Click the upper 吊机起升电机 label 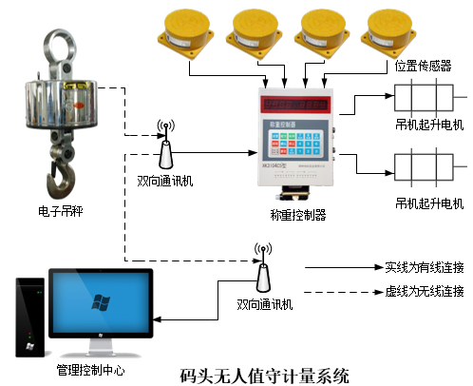click(428, 125)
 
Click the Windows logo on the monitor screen click(98, 302)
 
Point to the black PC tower click(30, 318)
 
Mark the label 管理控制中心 click(91, 369)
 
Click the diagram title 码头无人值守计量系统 click(265, 374)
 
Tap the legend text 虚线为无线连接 click(425, 291)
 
